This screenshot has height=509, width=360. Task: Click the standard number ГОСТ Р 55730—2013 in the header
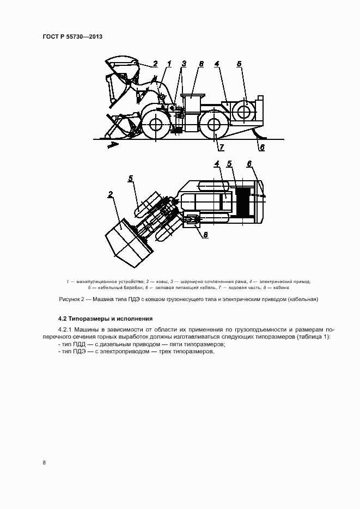click(72, 36)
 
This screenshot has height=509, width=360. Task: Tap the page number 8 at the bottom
click(44, 463)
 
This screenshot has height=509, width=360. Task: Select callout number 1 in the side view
click(169, 64)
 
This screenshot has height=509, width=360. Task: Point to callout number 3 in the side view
click(184, 64)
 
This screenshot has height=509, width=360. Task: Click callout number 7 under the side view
click(222, 147)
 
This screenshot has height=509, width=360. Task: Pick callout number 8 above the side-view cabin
click(201, 64)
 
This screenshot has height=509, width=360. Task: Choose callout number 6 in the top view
click(249, 163)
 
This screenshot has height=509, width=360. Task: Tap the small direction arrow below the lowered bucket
click(111, 144)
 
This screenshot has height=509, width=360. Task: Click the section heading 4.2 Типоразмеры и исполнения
click(98, 318)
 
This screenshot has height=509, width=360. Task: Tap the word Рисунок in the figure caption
click(70, 299)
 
